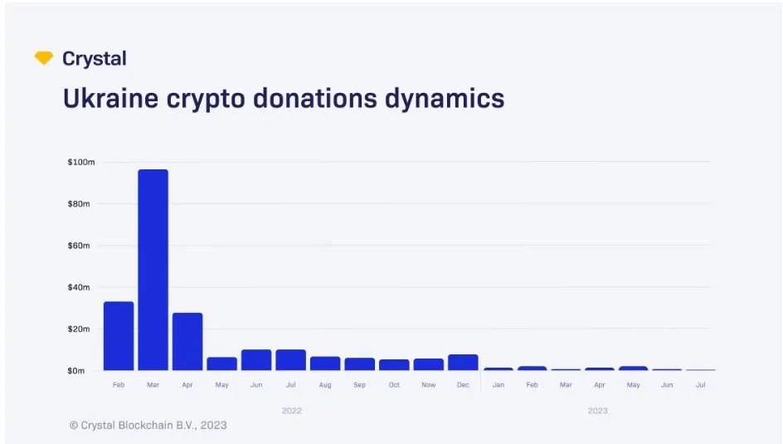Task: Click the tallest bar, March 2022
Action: [x=153, y=270]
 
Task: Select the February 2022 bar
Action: [x=119, y=335]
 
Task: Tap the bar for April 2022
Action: [x=187, y=341]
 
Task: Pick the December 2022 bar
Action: [x=463, y=362]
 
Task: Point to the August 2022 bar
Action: [x=325, y=363]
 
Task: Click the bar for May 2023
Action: [x=633, y=368]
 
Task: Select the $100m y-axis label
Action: [x=81, y=162]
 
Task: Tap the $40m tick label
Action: [x=81, y=287]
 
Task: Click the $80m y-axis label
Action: [x=81, y=203]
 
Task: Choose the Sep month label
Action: [x=360, y=385]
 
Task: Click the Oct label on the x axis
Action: [x=394, y=385]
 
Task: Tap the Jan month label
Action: [x=498, y=385]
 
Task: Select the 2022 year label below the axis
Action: [x=291, y=411]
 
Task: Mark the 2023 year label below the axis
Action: [x=597, y=411]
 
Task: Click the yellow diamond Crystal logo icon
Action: [x=44, y=58]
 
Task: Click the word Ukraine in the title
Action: [x=106, y=98]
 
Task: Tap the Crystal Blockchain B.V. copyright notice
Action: [x=148, y=425]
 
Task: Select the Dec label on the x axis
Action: [x=463, y=385]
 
